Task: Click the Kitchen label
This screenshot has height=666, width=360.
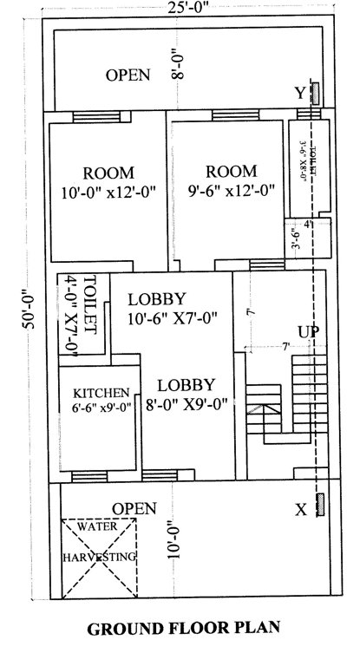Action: pos(101,392)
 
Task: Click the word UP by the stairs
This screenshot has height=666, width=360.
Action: pos(308,332)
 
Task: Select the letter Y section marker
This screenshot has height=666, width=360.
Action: pos(299,93)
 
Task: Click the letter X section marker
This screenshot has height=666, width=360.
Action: pos(300,510)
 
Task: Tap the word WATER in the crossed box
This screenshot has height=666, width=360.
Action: pos(96,526)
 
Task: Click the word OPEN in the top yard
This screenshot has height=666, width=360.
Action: pos(128,75)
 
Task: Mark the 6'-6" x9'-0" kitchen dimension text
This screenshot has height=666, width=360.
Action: pos(102,407)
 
